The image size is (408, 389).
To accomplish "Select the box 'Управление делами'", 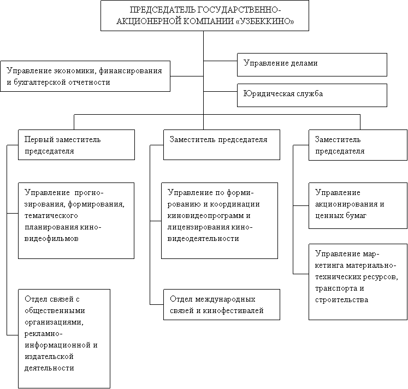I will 312,64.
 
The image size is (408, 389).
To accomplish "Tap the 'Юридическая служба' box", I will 312,95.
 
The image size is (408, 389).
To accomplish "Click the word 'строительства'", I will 342,300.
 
